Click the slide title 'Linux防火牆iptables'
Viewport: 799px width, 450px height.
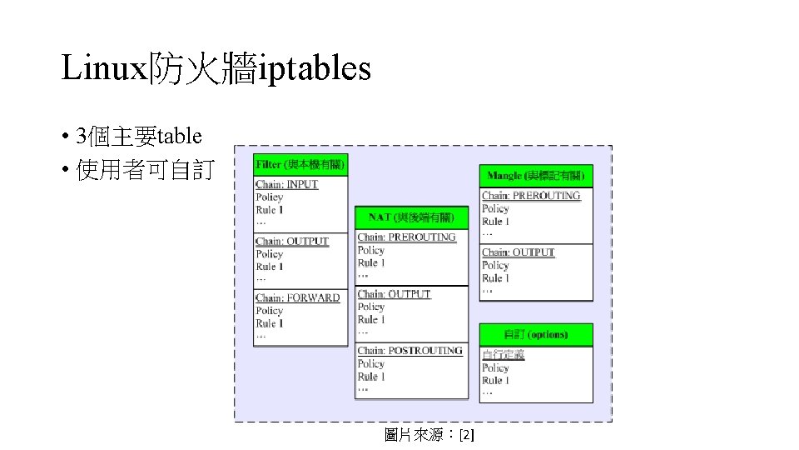tap(216, 68)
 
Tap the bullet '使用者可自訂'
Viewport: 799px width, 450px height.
tap(144, 171)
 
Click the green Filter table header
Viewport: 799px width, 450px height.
tap(300, 165)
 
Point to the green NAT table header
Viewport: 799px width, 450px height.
tap(411, 217)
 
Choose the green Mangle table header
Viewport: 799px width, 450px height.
tap(536, 176)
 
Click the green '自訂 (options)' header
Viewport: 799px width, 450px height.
tap(536, 335)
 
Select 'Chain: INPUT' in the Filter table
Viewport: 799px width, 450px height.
tap(287, 184)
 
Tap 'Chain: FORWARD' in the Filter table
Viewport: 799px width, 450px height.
tap(298, 297)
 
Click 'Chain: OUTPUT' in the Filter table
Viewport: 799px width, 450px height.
tap(292, 241)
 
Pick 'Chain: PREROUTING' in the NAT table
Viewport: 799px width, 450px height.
tap(407, 237)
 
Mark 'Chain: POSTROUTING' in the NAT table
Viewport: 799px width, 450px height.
tap(410, 351)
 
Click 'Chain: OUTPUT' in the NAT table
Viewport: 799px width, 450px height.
tap(395, 294)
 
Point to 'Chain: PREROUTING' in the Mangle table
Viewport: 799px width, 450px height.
tap(531, 196)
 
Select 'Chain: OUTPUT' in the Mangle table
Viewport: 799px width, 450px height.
tap(519, 252)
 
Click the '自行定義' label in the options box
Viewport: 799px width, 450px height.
tap(503, 355)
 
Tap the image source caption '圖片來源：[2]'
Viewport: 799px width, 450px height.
tap(429, 434)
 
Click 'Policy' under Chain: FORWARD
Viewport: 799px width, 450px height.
tap(270, 311)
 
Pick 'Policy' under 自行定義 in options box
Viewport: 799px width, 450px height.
tap(496, 367)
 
